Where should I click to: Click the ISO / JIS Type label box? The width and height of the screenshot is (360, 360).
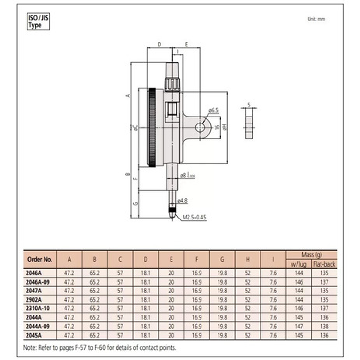[x=38, y=22]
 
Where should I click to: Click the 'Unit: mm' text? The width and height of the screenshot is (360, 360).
[x=316, y=19]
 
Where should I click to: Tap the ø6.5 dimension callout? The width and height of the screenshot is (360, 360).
[x=213, y=111]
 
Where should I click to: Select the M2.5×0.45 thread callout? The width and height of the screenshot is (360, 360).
[x=194, y=217]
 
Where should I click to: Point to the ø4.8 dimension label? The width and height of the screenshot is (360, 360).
[x=182, y=201]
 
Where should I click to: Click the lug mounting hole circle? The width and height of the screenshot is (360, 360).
[x=200, y=128]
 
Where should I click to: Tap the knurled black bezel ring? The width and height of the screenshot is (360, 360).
[x=152, y=128]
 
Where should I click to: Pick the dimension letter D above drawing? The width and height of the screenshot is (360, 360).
[x=159, y=45]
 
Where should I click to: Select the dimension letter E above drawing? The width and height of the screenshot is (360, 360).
[x=186, y=45]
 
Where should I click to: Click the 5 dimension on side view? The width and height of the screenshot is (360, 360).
[x=249, y=104]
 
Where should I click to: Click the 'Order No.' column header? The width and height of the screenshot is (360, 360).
[x=40, y=260]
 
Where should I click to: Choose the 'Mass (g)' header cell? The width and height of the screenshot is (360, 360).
[x=311, y=255]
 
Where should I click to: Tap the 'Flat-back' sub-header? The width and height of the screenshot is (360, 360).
[x=324, y=264]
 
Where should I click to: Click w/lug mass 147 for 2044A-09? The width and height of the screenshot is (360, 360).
[x=298, y=326]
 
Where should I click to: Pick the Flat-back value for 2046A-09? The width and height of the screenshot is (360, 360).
[x=324, y=282]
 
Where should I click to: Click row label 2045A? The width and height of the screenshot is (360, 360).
[x=33, y=335]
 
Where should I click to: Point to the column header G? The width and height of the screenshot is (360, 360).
[x=222, y=260]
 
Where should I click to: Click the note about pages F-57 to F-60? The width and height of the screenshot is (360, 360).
[x=100, y=348]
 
